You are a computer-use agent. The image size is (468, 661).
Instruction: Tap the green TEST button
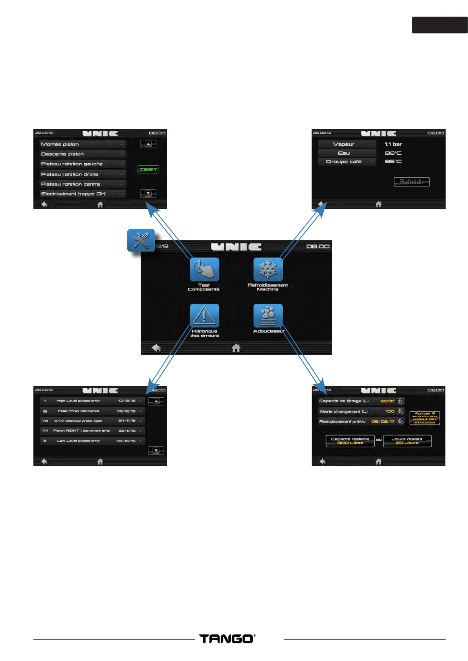tap(148, 170)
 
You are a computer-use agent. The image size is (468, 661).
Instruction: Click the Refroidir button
tap(412, 182)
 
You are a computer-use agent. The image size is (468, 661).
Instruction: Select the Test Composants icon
tap(204, 270)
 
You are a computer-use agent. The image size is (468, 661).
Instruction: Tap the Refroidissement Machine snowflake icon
tap(268, 270)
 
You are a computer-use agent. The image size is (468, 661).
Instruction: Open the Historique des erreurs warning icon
tap(204, 316)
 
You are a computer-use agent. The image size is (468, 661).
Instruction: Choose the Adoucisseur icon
tap(268, 316)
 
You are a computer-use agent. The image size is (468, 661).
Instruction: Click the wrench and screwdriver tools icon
tap(141, 240)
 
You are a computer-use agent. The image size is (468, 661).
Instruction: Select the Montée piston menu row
tap(83, 144)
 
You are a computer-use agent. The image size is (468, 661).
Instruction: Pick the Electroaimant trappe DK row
tap(83, 194)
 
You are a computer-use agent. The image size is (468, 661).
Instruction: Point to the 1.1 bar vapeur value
tap(393, 144)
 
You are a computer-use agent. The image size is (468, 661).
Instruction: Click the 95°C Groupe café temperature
tap(393, 161)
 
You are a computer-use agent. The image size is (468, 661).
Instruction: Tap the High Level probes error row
tap(92, 401)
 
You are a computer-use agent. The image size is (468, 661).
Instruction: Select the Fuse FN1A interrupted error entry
tap(92, 411)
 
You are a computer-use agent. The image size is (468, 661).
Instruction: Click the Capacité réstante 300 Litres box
tap(350, 441)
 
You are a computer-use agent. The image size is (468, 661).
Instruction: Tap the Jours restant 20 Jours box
tap(407, 441)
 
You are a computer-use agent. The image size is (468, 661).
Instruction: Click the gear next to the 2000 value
tap(400, 401)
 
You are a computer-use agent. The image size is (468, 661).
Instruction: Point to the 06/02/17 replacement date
tap(383, 422)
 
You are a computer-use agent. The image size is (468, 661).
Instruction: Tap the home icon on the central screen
tap(236, 348)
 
